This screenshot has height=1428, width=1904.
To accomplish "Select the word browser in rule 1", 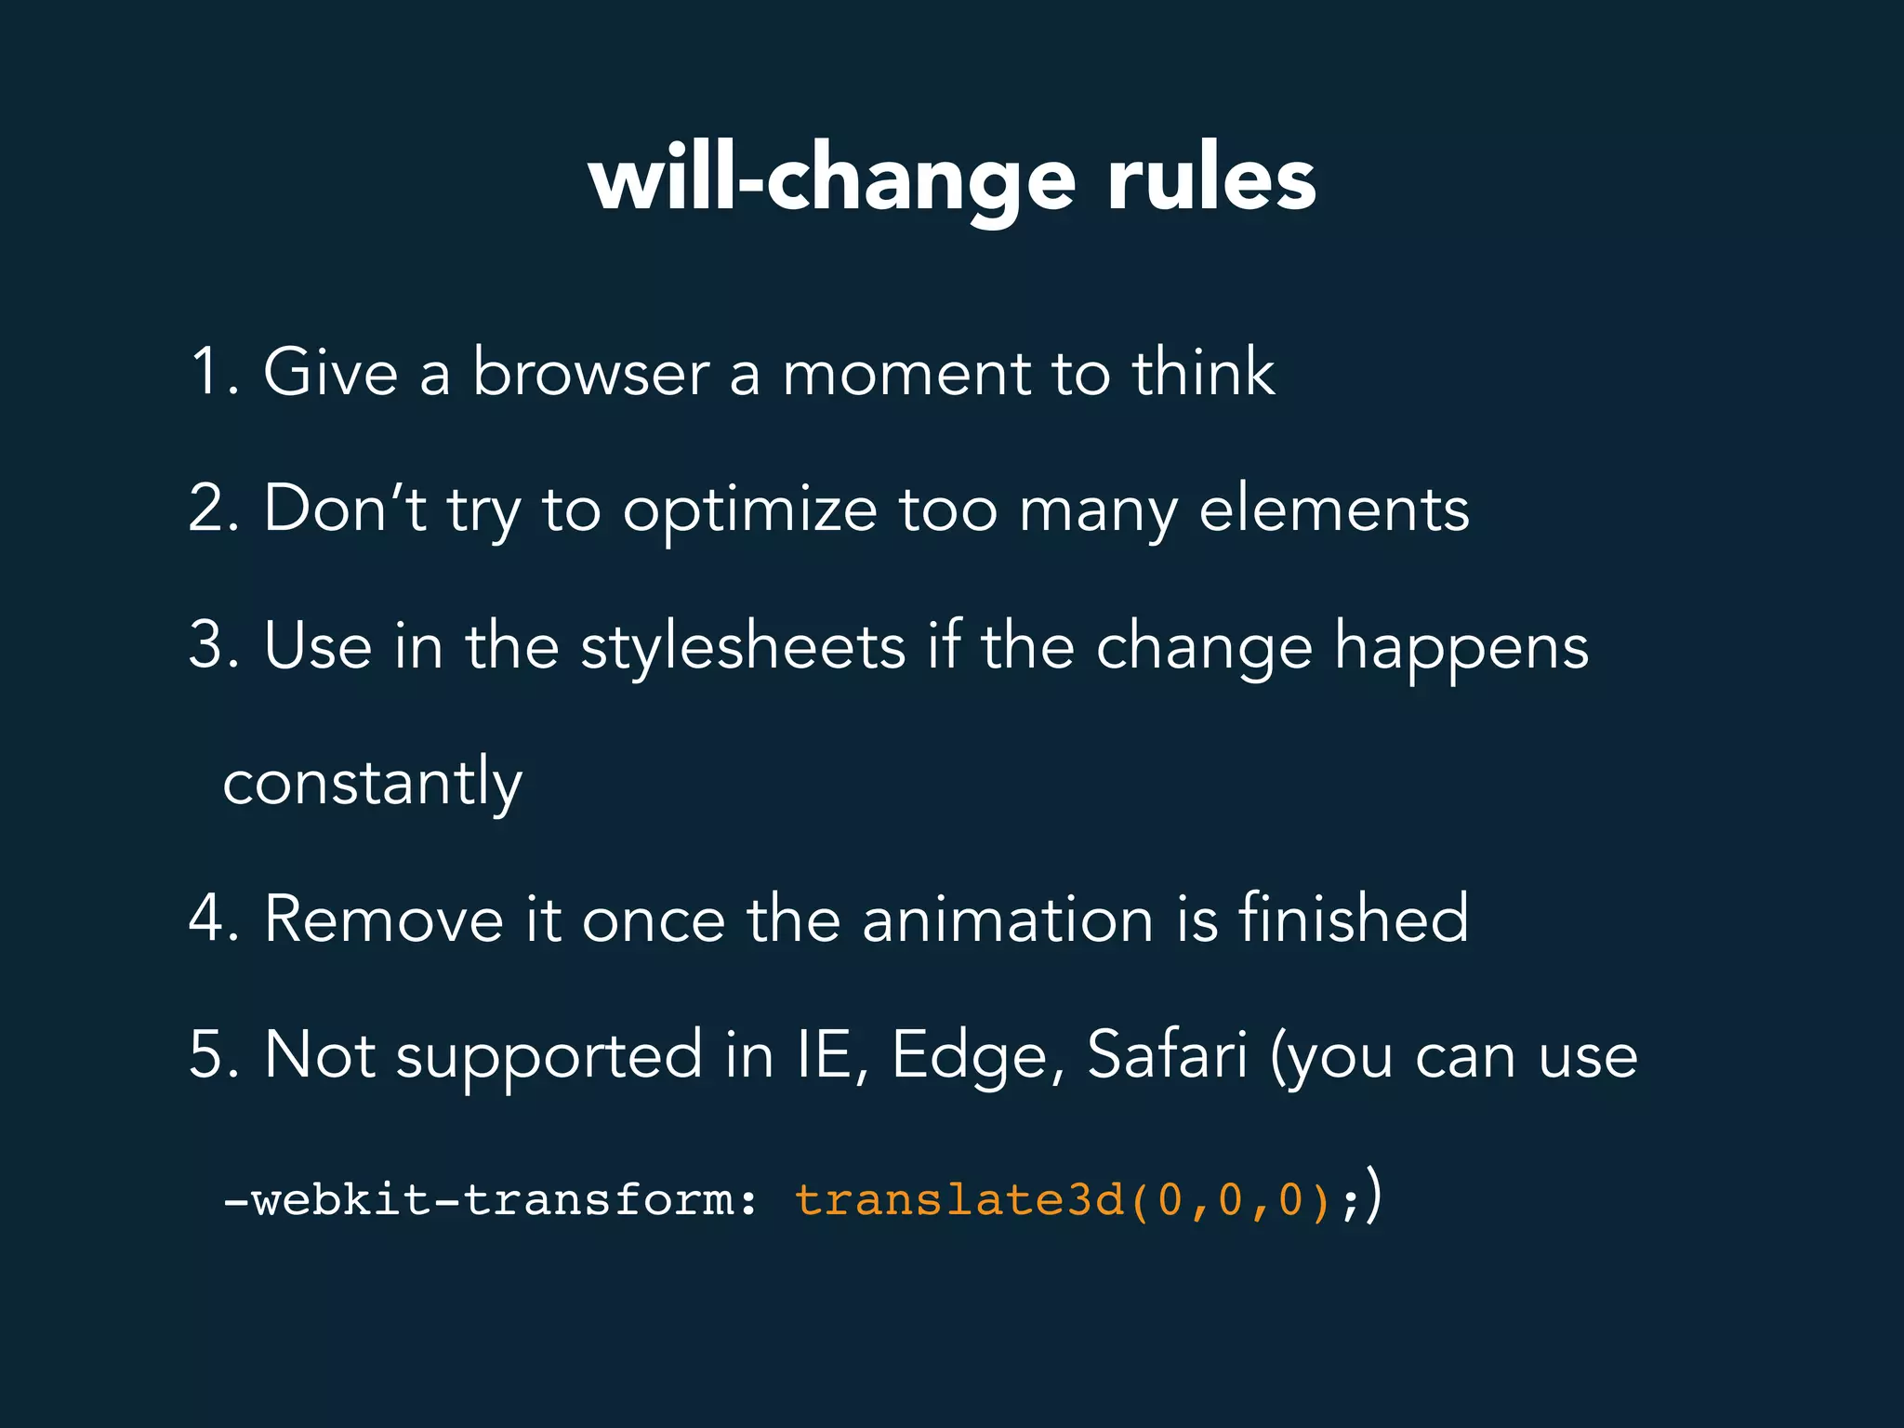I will pos(590,372).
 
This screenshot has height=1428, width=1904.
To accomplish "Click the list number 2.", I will pos(210,509).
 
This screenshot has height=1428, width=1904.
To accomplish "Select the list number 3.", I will pos(210,645).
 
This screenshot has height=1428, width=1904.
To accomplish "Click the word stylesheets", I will pos(743,645).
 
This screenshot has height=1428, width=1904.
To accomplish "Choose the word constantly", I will pos(372,783).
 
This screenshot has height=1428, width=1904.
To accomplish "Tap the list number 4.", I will pos(210,919).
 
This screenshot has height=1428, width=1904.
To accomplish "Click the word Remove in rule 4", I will pos(384,919).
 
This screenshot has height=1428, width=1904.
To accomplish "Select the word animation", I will pos(1007,919).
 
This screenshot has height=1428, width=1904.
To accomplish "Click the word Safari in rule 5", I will pos(1167,1055).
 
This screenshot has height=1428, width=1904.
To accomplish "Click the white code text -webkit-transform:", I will pos(490,1199).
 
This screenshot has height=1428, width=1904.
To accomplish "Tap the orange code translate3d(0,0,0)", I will pos(1062,1199).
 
